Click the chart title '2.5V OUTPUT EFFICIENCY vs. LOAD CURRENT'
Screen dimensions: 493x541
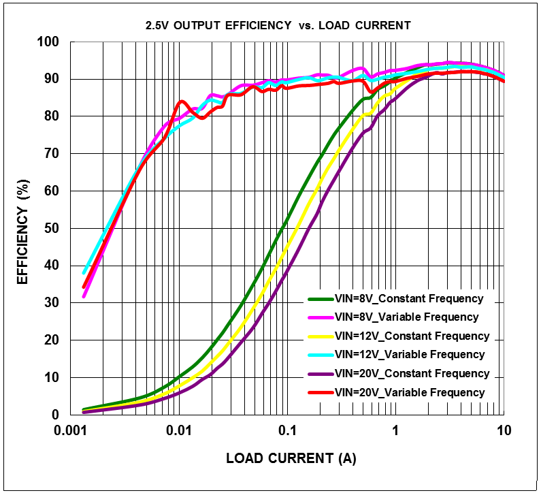(278, 26)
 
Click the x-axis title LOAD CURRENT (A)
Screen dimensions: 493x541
(291, 459)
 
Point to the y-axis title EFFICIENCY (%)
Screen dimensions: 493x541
(23, 232)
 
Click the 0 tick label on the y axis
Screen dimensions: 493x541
(57, 415)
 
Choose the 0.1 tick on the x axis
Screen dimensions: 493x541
(287, 431)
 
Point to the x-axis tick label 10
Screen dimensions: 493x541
(504, 431)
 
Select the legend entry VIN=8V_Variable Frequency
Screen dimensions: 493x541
(407, 317)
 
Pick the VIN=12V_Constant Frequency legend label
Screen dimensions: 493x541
(412, 336)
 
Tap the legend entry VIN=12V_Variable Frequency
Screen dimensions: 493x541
(410, 355)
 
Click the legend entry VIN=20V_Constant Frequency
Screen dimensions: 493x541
(412, 373)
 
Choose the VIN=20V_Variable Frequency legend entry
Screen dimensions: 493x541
(410, 392)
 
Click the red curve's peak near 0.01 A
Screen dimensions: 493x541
(182, 101)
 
